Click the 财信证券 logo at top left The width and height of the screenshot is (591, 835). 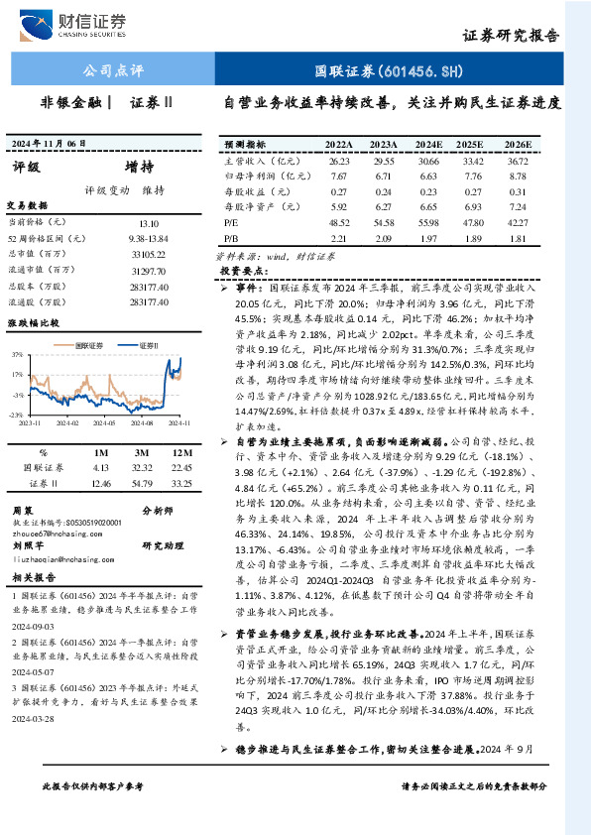(x=89, y=22)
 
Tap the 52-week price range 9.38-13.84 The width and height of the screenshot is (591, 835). (x=149, y=239)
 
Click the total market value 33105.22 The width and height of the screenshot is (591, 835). (x=149, y=255)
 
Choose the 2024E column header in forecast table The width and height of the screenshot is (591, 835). (x=430, y=144)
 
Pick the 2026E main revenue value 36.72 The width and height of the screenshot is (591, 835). (x=518, y=160)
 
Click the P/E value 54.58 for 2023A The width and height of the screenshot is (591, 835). (x=383, y=223)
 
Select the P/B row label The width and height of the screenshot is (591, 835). (x=233, y=239)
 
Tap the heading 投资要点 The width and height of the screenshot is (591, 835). (x=244, y=270)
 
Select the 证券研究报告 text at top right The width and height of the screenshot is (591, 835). (x=512, y=34)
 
